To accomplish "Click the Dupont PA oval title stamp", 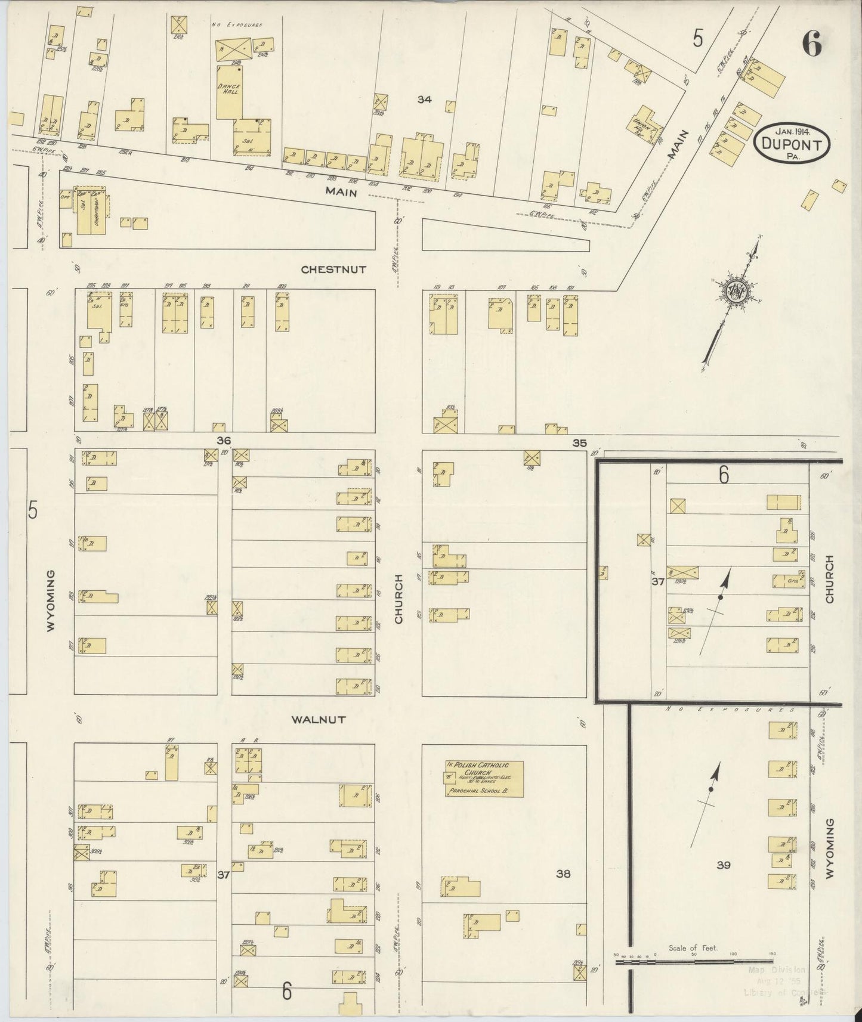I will point(792,142).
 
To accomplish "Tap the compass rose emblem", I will point(737,290).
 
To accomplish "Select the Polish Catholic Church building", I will point(483,779).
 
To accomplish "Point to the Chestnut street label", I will point(333,270).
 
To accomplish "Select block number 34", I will point(424,100).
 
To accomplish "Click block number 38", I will point(563,874).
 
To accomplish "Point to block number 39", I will point(723,865).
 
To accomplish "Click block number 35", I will point(579,443).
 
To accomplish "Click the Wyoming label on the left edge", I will point(51,600).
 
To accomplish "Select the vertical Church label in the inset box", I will point(829,580).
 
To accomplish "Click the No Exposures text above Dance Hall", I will point(237,25).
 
